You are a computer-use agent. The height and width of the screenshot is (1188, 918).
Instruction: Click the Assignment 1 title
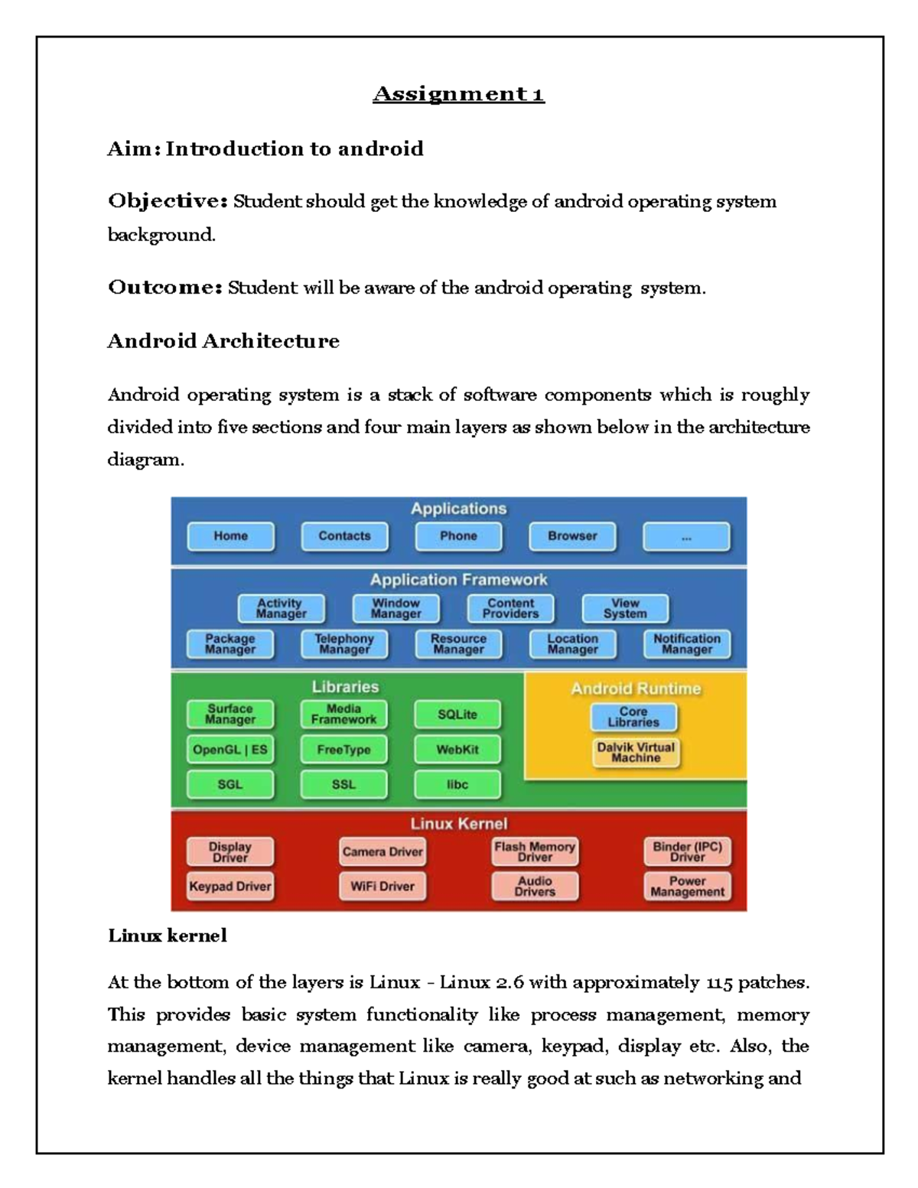pyautogui.click(x=458, y=94)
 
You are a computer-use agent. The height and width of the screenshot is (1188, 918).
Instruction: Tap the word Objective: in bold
pyautogui.click(x=168, y=201)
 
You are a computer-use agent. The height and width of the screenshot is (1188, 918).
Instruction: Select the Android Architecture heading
pyautogui.click(x=223, y=340)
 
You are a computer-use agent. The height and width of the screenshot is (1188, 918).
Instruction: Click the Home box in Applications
pyautogui.click(x=230, y=536)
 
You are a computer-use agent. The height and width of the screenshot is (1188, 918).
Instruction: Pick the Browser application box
pyautogui.click(x=572, y=536)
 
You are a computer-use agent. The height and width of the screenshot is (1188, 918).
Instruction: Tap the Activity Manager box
pyautogui.click(x=281, y=608)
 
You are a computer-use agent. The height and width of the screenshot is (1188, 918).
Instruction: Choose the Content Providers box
pyautogui.click(x=510, y=608)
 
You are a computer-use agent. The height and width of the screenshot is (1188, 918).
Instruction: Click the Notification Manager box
pyautogui.click(x=686, y=643)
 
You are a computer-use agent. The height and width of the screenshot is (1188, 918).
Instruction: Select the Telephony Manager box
pyautogui.click(x=344, y=643)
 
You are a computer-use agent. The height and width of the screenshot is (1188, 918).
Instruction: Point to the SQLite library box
pyautogui.click(x=457, y=714)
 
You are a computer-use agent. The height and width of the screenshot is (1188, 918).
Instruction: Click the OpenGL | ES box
pyautogui.click(x=230, y=750)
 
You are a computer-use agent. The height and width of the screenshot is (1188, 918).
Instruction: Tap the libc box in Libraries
pyautogui.click(x=457, y=784)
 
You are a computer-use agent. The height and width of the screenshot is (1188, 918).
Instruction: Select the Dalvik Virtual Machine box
pyautogui.click(x=636, y=752)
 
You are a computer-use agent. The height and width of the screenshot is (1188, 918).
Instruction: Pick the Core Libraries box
pyautogui.click(x=633, y=717)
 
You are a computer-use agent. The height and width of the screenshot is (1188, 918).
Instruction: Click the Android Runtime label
pyautogui.click(x=636, y=688)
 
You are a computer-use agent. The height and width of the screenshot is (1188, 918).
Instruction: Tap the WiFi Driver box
pyautogui.click(x=382, y=886)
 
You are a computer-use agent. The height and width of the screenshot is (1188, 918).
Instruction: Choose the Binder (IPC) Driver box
pyautogui.click(x=687, y=851)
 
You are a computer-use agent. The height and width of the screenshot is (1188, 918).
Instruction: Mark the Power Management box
pyautogui.click(x=687, y=886)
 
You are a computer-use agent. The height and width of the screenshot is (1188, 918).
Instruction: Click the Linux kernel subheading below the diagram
pyautogui.click(x=168, y=936)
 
